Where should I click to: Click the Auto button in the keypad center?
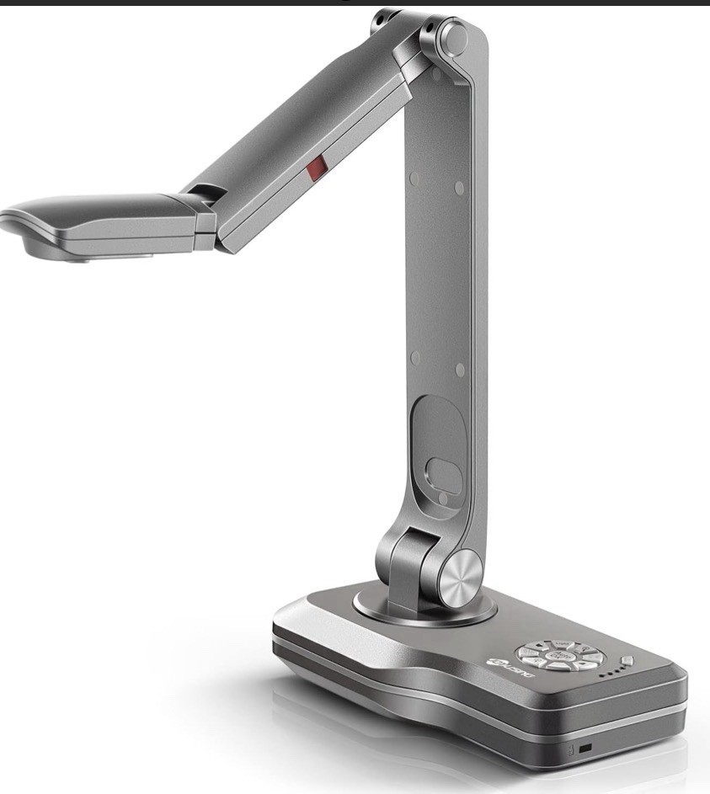(x=557, y=655)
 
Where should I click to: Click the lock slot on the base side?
(x=585, y=747)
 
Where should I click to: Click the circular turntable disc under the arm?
(x=421, y=608)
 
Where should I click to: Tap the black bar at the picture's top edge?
(x=355, y=3)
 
